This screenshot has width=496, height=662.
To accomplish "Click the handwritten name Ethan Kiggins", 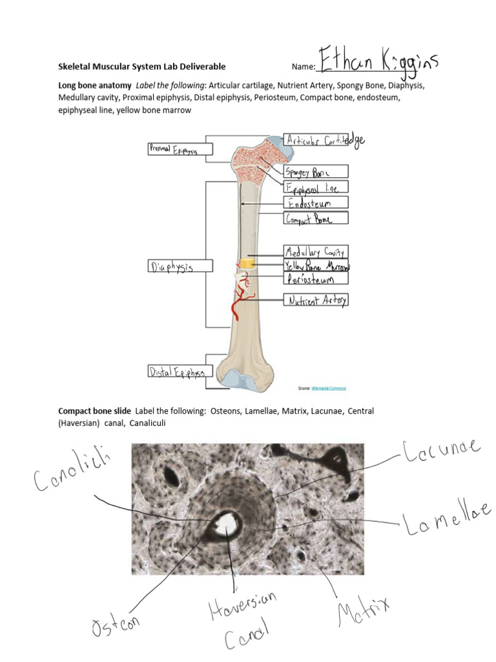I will pyautogui.click(x=378, y=63).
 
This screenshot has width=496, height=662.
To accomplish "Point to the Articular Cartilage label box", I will pyautogui.click(x=316, y=140).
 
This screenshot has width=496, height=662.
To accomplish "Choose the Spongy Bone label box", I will pyautogui.click(x=316, y=171).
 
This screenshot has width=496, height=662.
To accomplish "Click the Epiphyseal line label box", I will pyautogui.click(x=316, y=187).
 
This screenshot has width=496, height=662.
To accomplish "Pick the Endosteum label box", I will pyautogui.click(x=316, y=203).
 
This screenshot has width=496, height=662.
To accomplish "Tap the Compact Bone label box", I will pyautogui.click(x=316, y=219).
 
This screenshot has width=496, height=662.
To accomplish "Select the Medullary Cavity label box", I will pyautogui.click(x=316, y=251).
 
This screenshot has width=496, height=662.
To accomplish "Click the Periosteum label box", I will pyautogui.click(x=316, y=279).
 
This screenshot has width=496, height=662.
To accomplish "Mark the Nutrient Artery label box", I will pyautogui.click(x=316, y=300).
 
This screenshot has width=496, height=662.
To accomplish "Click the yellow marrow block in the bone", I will pyautogui.click(x=245, y=264).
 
